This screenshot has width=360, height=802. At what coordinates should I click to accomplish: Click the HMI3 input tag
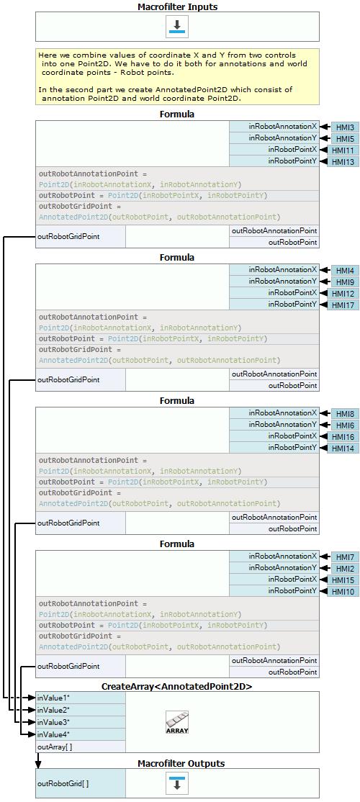(345, 127)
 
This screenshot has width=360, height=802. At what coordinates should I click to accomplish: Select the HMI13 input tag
(345, 162)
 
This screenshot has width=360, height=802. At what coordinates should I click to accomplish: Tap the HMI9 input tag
(345, 282)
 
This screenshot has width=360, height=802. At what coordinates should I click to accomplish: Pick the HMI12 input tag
(345, 294)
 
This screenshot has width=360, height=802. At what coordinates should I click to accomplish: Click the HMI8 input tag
(345, 414)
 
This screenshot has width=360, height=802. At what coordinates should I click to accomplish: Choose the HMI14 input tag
(345, 449)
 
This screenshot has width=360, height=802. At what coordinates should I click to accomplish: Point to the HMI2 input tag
(345, 569)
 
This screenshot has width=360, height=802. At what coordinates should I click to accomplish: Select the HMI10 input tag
(345, 592)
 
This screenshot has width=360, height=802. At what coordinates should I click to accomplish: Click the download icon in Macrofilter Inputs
(177, 26)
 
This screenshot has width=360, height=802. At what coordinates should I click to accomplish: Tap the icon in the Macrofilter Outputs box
(177, 783)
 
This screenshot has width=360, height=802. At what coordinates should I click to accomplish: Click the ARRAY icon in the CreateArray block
(177, 722)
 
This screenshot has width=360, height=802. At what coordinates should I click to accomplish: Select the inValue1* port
(81, 698)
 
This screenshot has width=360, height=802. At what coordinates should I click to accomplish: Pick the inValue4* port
(81, 734)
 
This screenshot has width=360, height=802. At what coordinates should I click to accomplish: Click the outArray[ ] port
(81, 747)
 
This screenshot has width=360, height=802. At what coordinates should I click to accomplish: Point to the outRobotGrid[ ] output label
(81, 783)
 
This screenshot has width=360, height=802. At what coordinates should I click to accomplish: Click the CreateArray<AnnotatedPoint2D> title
(177, 686)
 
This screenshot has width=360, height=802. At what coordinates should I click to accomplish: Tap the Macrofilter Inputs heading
(177, 6)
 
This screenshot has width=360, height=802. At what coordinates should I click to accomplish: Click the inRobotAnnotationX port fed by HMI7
(274, 556)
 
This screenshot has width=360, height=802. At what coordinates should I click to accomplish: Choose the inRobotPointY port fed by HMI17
(274, 305)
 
